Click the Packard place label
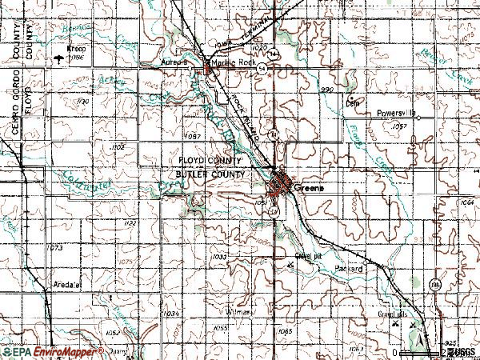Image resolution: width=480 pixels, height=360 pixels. click(x=349, y=269)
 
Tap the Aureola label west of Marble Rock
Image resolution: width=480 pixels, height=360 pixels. click(x=174, y=62)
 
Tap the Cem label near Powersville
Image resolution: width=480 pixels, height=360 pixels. click(x=350, y=102)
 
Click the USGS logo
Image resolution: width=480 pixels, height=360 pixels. click(x=463, y=352)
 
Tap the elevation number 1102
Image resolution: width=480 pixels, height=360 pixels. click(x=118, y=148)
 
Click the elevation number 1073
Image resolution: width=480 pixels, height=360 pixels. click(x=55, y=249)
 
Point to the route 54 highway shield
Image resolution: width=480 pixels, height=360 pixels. click(x=262, y=69)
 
